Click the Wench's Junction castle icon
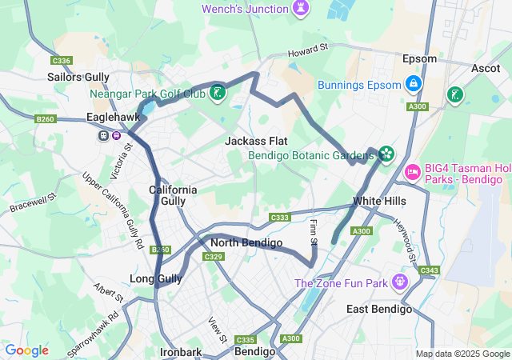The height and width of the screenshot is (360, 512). pos(302,7)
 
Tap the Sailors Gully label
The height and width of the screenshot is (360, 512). pos(79,77)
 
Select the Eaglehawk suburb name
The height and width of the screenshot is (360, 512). pos(113,118)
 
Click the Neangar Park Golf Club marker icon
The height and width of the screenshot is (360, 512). pos(218,94)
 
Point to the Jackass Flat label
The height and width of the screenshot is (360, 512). pos(256,141)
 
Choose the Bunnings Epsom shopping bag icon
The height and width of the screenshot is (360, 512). pos(414,83)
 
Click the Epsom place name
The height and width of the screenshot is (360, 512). pos(419,59)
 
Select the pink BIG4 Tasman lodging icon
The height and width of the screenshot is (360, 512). pos(413,170)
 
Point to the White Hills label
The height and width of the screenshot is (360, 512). pos(379,201)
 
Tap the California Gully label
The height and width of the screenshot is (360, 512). pos(173,195)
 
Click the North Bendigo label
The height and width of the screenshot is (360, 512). pos(246,242)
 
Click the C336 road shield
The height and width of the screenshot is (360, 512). pos(61,60)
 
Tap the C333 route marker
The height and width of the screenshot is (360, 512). pos(280,217)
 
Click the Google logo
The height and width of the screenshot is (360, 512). pos(26,350)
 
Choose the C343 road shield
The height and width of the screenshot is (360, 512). pos(429,270)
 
